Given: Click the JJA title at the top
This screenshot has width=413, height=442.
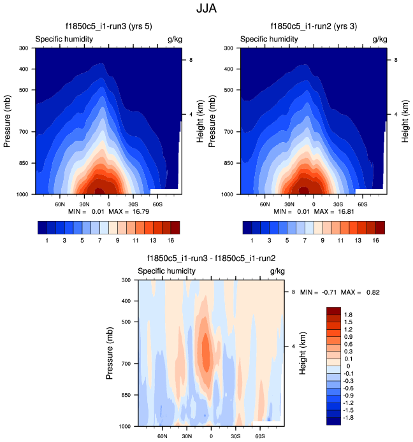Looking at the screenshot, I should tap(207, 10).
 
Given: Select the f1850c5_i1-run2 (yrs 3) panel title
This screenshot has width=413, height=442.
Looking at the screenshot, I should tap(315, 27).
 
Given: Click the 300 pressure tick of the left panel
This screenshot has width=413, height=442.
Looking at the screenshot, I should tap(24, 48).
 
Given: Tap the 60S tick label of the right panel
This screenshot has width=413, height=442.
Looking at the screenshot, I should tap(362, 205).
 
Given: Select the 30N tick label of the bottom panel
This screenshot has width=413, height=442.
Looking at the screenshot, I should tap(187, 437).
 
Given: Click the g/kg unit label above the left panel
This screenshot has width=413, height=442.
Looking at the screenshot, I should tap(175, 39).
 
